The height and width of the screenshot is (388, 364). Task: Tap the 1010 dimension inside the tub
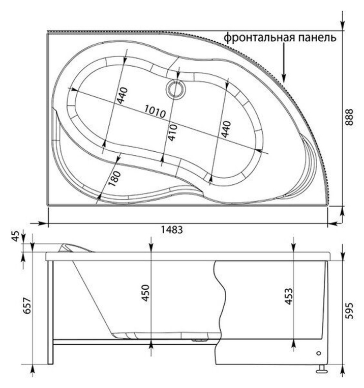tap(156, 112)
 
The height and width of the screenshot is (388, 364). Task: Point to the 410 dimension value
tap(171, 133)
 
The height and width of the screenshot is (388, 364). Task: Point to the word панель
tap(317, 38)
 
